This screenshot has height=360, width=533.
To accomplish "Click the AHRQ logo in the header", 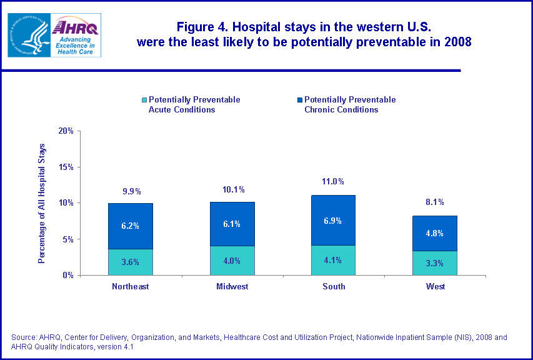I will tap(76, 34).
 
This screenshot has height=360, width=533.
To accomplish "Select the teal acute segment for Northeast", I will tap(131, 262).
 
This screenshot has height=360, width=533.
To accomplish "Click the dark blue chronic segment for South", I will tap(332, 220).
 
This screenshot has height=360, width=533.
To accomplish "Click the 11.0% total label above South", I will tap(332, 182).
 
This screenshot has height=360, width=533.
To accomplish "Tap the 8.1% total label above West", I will tap(434, 202).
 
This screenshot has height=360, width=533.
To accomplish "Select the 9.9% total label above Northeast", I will tap(131, 190).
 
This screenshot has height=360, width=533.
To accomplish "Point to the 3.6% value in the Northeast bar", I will tap(131, 262).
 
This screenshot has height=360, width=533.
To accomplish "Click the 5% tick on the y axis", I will tap(67, 239).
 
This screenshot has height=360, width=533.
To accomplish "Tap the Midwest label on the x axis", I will tap(232, 287).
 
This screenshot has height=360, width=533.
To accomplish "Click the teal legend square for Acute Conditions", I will tap(144, 100).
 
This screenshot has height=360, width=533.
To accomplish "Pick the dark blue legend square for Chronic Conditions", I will tap(300, 100).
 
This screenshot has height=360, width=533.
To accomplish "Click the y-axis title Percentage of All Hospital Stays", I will tap(42, 203).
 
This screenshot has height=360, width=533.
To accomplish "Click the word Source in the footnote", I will tap(24, 337).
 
